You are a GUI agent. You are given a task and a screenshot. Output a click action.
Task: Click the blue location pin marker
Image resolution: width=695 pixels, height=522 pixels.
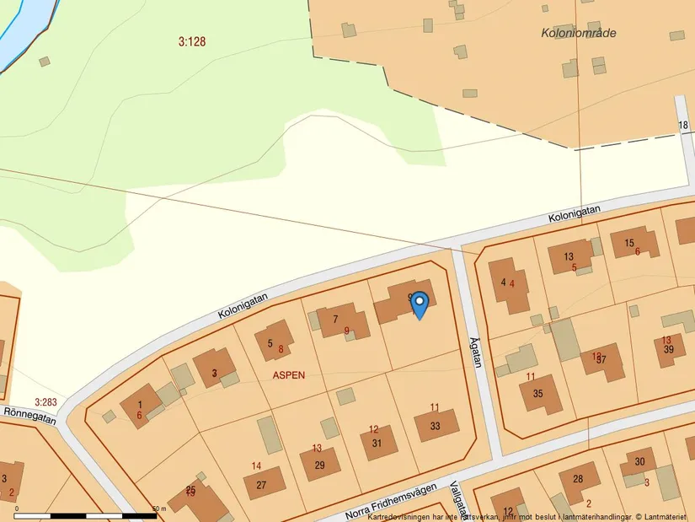pyautogui.click(x=419, y=304)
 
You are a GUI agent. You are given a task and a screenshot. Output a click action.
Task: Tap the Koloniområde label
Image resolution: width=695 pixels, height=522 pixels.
pyautogui.click(x=579, y=33)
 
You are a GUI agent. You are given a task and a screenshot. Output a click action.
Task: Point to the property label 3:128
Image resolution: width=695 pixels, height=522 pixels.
pyautogui.click(x=192, y=40)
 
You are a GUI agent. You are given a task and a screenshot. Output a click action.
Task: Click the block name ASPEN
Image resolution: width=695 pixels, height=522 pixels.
pyautogui.click(x=288, y=374)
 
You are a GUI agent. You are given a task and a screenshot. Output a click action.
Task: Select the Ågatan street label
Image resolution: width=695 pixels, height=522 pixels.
pyautogui.click(x=476, y=353)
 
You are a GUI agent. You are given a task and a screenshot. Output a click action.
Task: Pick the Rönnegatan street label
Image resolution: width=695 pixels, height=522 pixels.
pyautogui.click(x=30, y=415)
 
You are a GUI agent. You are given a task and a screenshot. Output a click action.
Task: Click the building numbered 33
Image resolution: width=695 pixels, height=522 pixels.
pyautogui.click(x=436, y=426)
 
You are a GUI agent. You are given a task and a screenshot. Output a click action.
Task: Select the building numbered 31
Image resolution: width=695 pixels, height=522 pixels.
pyautogui.click(x=377, y=443)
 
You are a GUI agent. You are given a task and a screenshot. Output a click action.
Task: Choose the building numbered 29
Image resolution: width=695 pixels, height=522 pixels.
pyautogui.click(x=320, y=465)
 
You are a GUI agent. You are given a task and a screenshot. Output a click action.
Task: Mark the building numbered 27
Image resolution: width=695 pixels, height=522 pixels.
pyautogui.click(x=262, y=484)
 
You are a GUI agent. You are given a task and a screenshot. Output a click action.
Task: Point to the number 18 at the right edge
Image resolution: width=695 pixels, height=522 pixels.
pyautogui.click(x=683, y=126)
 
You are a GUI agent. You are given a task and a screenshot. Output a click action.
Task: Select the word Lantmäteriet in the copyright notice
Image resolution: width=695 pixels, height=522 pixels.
pyautogui.click(x=661, y=516)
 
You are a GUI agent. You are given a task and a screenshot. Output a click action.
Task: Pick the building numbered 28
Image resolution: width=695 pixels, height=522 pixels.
pyautogui.click(x=578, y=479)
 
